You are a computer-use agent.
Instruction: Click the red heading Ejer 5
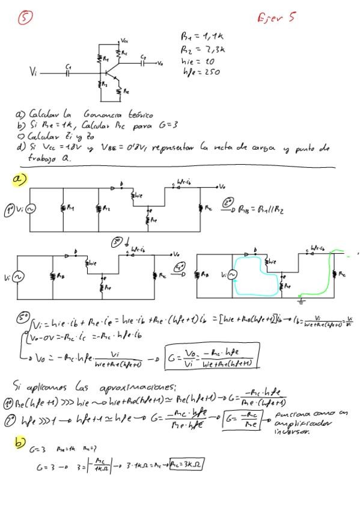pos(276,18)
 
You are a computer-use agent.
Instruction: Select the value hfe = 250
pos(201,72)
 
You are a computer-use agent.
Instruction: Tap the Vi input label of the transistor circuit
pos(34,72)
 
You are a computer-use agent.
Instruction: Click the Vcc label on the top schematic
pos(124,40)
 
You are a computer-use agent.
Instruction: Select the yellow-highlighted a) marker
pos(19,180)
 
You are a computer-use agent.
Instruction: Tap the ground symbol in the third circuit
pos(304,300)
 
